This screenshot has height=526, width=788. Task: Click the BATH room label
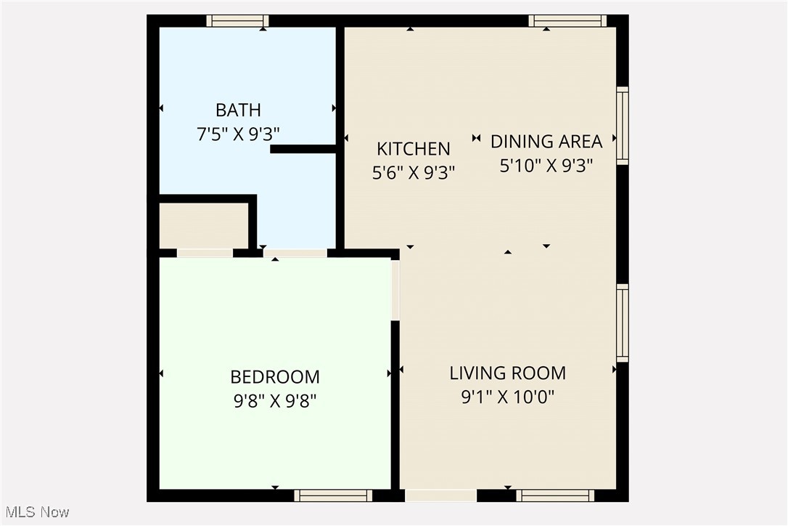238,110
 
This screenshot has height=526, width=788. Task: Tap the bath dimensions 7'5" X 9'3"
238,134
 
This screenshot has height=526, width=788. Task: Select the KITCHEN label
414,149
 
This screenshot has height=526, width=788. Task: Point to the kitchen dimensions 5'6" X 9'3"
414,174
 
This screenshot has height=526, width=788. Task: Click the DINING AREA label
546,141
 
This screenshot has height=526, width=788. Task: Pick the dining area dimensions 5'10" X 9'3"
546,166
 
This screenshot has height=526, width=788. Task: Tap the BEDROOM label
275,377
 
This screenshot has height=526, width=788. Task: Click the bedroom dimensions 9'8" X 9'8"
275,401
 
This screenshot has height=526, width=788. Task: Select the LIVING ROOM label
507,373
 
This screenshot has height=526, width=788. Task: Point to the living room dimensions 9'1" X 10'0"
507,397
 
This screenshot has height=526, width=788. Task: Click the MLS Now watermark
36,512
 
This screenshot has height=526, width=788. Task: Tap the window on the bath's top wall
237,21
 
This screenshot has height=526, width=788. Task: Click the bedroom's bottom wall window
333,495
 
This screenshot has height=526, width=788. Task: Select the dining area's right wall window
623,126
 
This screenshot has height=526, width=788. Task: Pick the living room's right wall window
623,323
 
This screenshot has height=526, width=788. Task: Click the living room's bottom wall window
555,495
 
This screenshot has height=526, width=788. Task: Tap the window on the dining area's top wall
567,21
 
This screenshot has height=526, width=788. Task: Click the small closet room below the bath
204,225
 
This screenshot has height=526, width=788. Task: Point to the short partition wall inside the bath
303,149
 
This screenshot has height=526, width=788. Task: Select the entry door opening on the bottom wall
440,495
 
